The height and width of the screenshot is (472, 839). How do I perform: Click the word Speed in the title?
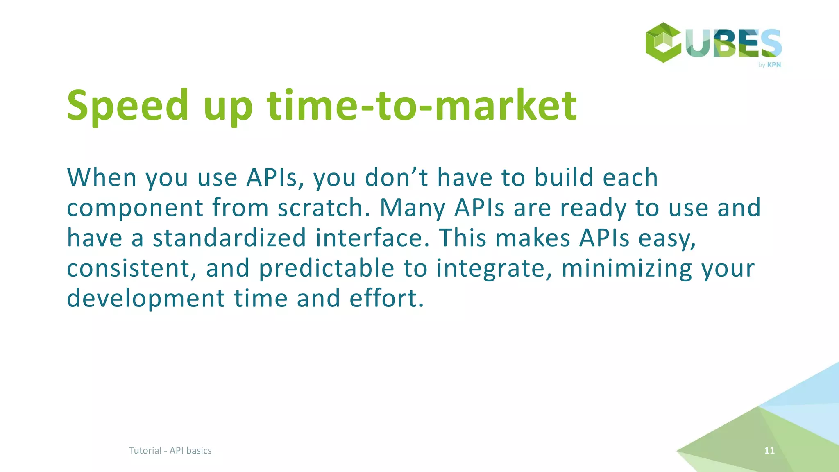point(127,106)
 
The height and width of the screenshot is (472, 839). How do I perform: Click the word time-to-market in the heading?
point(422,106)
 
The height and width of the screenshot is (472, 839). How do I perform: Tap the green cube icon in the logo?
point(663,42)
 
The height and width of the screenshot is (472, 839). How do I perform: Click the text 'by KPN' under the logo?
point(769,65)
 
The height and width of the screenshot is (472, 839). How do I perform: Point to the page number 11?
point(769,450)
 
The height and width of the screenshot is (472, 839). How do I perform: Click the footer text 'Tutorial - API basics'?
point(170,450)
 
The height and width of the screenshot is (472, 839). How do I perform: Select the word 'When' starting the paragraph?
point(102,177)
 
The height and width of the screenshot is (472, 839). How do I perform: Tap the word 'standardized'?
point(229,238)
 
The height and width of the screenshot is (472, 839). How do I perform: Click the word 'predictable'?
point(327,268)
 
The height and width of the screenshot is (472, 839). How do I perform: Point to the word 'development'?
point(146,299)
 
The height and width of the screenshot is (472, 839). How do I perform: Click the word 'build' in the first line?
point(564,177)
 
